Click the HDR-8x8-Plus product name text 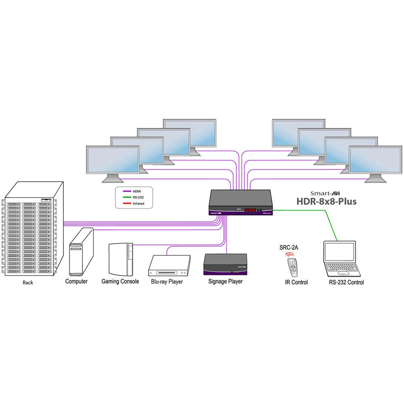tap(327, 201)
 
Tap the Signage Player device tap(225, 265)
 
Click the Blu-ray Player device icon tap(170, 265)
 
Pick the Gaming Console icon tap(120, 259)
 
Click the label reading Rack tap(28, 282)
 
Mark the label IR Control tap(296, 282)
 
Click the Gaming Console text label tap(120, 281)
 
